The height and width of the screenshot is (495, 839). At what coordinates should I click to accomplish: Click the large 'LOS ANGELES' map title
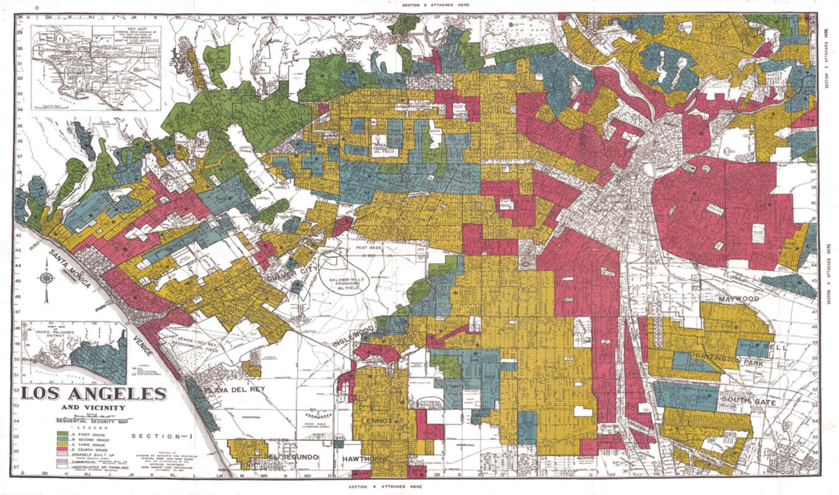point(94,394)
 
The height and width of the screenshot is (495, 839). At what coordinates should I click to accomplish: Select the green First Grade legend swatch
point(62,435)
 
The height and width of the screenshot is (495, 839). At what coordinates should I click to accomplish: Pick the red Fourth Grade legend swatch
point(62,449)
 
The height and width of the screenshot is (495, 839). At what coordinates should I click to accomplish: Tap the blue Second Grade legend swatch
point(62,439)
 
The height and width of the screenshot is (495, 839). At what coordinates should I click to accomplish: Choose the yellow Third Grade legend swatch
point(62,445)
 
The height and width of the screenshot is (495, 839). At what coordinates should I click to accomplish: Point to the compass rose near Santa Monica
point(47,277)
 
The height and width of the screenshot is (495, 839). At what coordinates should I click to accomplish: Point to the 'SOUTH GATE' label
point(748,401)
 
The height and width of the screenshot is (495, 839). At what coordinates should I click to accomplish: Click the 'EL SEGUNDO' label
point(293,456)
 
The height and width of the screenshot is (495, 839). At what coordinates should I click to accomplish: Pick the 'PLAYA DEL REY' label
point(234,390)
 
